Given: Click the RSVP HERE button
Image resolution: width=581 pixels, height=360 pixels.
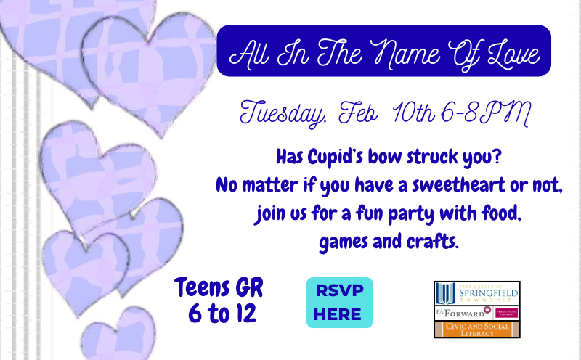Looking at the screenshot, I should [x=339, y=302].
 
